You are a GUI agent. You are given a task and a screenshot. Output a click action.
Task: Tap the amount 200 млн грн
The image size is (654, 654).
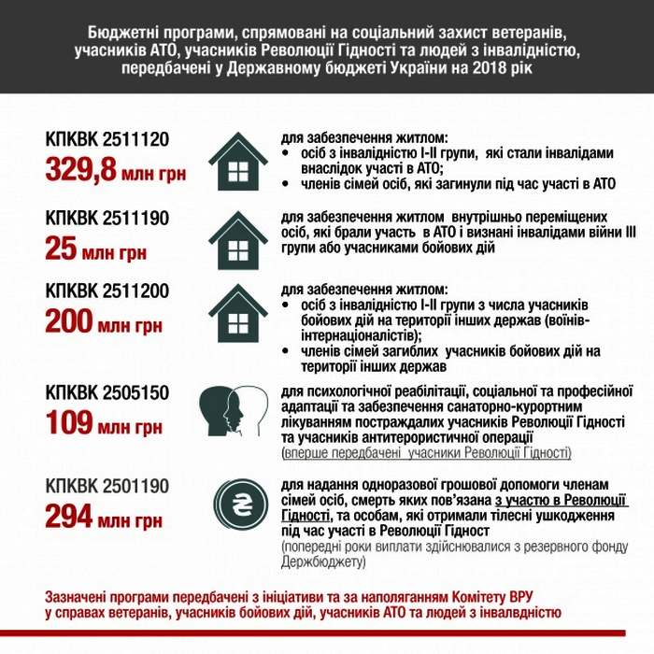(103, 323)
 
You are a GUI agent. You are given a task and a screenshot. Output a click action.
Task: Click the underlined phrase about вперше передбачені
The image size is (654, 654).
(426, 453)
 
